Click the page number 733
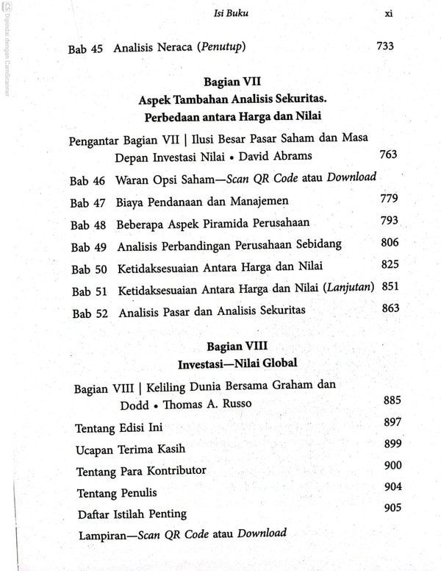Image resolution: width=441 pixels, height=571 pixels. click(384, 46)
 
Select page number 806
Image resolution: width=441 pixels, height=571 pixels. click(390, 242)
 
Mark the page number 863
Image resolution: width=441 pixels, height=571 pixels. click(391, 308)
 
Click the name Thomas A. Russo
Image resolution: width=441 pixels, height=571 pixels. click(208, 405)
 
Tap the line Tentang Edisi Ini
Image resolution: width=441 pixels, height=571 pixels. click(119, 428)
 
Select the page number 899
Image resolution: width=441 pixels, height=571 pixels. click(393, 444)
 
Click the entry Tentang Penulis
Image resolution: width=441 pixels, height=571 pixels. click(116, 492)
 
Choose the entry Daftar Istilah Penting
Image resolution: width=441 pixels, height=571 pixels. click(132, 514)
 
